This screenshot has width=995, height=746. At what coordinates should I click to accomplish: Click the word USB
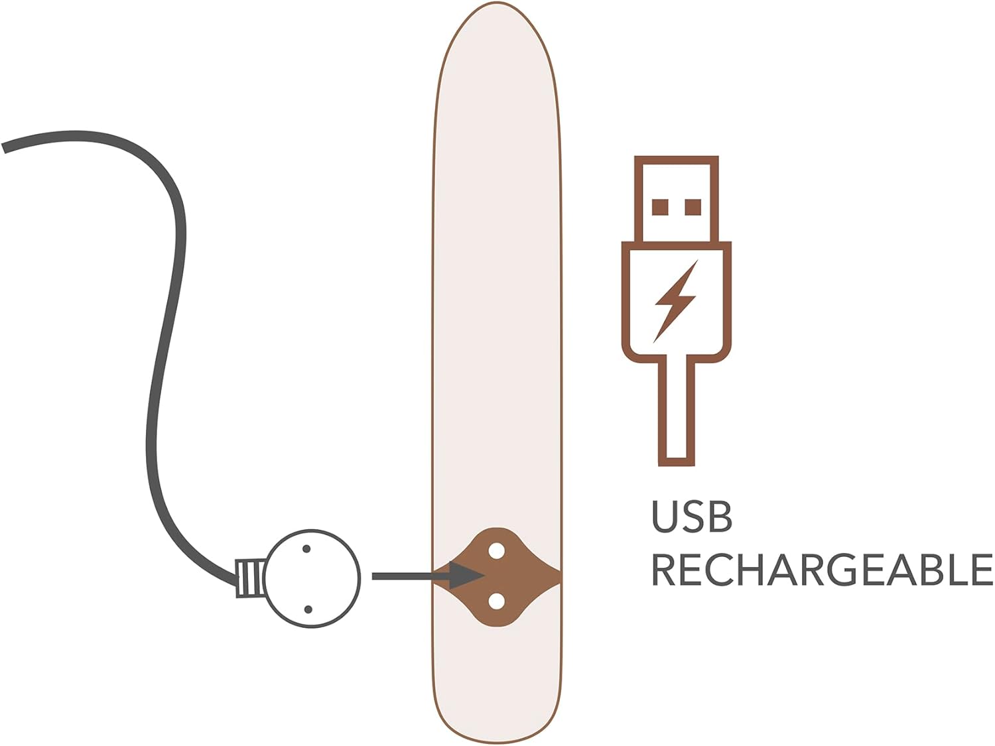point(692,517)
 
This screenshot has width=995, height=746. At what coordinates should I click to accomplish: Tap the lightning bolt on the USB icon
point(675,302)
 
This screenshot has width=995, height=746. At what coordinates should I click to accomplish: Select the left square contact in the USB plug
point(660,207)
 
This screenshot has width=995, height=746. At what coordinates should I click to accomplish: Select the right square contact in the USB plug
point(693,207)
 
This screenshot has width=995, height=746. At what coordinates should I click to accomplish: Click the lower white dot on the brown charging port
point(497,601)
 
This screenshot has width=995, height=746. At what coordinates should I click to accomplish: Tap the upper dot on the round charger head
point(306,549)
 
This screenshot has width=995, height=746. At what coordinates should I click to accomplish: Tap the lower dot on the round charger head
point(308,609)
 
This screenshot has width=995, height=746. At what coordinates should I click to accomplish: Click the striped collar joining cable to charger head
point(251,578)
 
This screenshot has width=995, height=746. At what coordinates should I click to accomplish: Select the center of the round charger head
point(312,578)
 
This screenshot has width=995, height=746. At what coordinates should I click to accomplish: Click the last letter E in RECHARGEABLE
point(982,570)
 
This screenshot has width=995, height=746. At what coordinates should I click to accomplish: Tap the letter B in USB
point(720,517)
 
